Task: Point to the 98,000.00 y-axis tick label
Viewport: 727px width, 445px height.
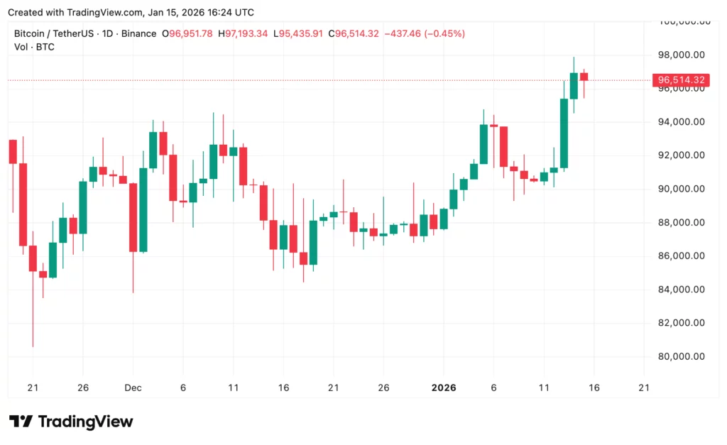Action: coord(681,55)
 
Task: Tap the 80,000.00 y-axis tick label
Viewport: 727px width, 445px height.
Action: coord(681,356)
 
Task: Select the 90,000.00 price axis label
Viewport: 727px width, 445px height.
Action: coord(681,189)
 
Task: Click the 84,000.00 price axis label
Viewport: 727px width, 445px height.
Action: coord(681,290)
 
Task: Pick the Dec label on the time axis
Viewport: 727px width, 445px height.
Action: coord(133,388)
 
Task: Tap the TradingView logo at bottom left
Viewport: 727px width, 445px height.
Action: coord(71,422)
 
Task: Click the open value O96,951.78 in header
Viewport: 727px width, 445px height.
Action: coord(187,33)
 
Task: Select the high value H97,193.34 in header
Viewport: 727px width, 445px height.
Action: coord(243,33)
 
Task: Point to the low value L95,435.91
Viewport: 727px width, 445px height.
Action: coord(297,33)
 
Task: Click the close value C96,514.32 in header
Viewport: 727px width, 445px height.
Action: coord(353,33)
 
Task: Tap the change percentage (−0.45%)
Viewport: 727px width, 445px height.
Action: coord(444,33)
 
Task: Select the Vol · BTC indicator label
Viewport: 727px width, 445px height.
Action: coord(34,47)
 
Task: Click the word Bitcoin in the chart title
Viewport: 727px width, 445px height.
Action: coord(32,33)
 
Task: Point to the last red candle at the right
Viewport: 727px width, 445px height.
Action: coord(584,76)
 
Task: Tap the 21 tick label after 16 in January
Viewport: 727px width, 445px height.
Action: coord(644,388)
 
